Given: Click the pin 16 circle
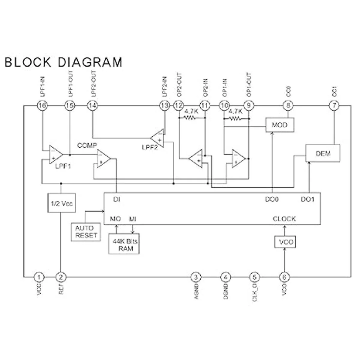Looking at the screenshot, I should [42, 106].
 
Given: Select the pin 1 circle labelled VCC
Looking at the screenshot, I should [39, 277].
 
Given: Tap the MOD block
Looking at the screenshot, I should [280, 125].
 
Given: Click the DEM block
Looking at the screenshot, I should [323, 153].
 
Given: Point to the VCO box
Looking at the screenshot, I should [285, 242].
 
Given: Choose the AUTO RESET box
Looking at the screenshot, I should [86, 232].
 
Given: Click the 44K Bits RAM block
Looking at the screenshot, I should [124, 244].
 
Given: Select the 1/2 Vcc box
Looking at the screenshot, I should [61, 203].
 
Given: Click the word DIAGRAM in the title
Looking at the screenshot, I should [90, 62].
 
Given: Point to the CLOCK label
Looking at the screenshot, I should [284, 219].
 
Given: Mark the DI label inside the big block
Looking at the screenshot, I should [117, 199].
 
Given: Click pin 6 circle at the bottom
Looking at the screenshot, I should [284, 277].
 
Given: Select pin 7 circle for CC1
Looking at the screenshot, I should [334, 106].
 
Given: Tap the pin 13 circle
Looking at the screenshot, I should [164, 106].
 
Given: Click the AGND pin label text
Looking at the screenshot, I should [196, 292].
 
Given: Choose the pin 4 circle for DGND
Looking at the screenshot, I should [226, 277].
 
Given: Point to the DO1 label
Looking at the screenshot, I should [307, 199].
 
